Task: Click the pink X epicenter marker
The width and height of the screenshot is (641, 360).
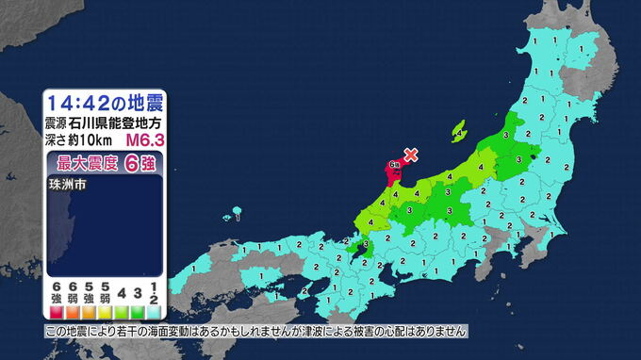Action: [410, 155]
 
